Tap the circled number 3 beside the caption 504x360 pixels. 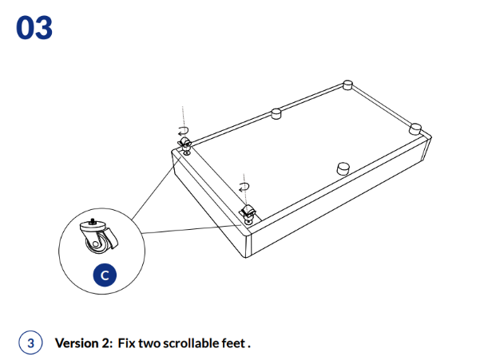click(x=30, y=343)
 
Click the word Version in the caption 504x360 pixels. click(x=77, y=343)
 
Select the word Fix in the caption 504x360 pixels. click(x=126, y=343)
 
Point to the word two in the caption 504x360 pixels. click(x=149, y=343)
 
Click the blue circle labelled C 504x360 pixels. click(x=104, y=275)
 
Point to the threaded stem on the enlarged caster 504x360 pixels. click(x=94, y=220)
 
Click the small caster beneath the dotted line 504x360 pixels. click(x=185, y=144)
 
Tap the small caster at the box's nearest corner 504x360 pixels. click(x=248, y=213)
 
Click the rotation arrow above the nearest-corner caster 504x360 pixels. click(x=244, y=188)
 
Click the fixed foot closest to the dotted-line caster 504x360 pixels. click(x=276, y=113)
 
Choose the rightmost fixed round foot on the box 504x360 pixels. click(x=415, y=127)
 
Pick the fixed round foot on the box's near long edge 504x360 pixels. click(x=343, y=168)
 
